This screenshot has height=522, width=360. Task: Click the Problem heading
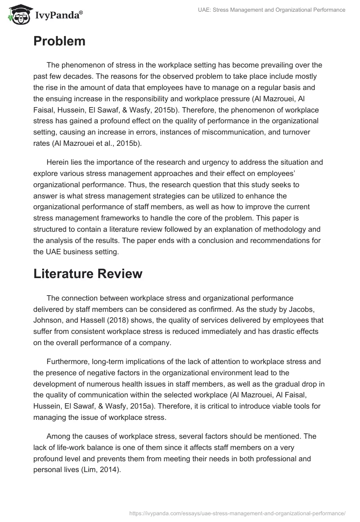point(59,41)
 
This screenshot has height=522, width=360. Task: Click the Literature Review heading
point(88,274)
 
